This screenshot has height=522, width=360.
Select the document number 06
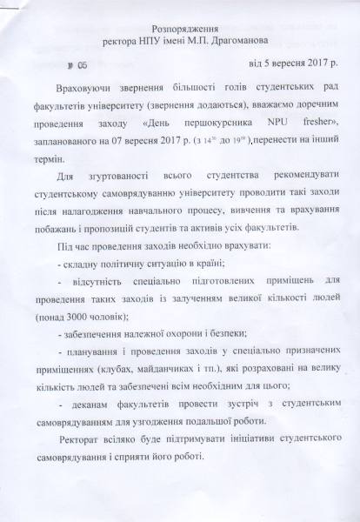[83, 64]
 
